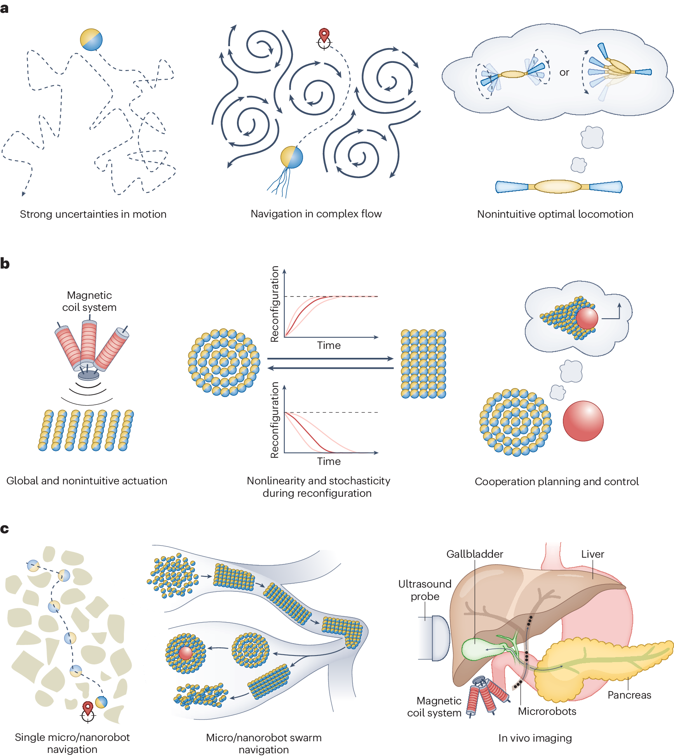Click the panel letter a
[x=5, y=8]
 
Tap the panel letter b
[x=5, y=263]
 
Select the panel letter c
[x=5, y=528]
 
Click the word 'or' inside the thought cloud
[x=564, y=73]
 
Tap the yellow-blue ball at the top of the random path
[x=91, y=40]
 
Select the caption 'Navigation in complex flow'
[x=316, y=214]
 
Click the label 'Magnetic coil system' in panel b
[x=89, y=301]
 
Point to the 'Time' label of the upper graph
[x=329, y=345]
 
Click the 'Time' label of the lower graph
[x=329, y=461]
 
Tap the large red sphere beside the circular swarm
[x=583, y=421]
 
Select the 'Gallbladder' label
[x=474, y=554]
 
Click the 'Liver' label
[x=592, y=554]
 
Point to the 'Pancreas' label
[x=629, y=695]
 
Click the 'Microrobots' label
[x=547, y=711]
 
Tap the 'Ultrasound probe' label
[x=425, y=590]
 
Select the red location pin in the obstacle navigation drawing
[x=88, y=708]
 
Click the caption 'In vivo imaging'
[x=535, y=738]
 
